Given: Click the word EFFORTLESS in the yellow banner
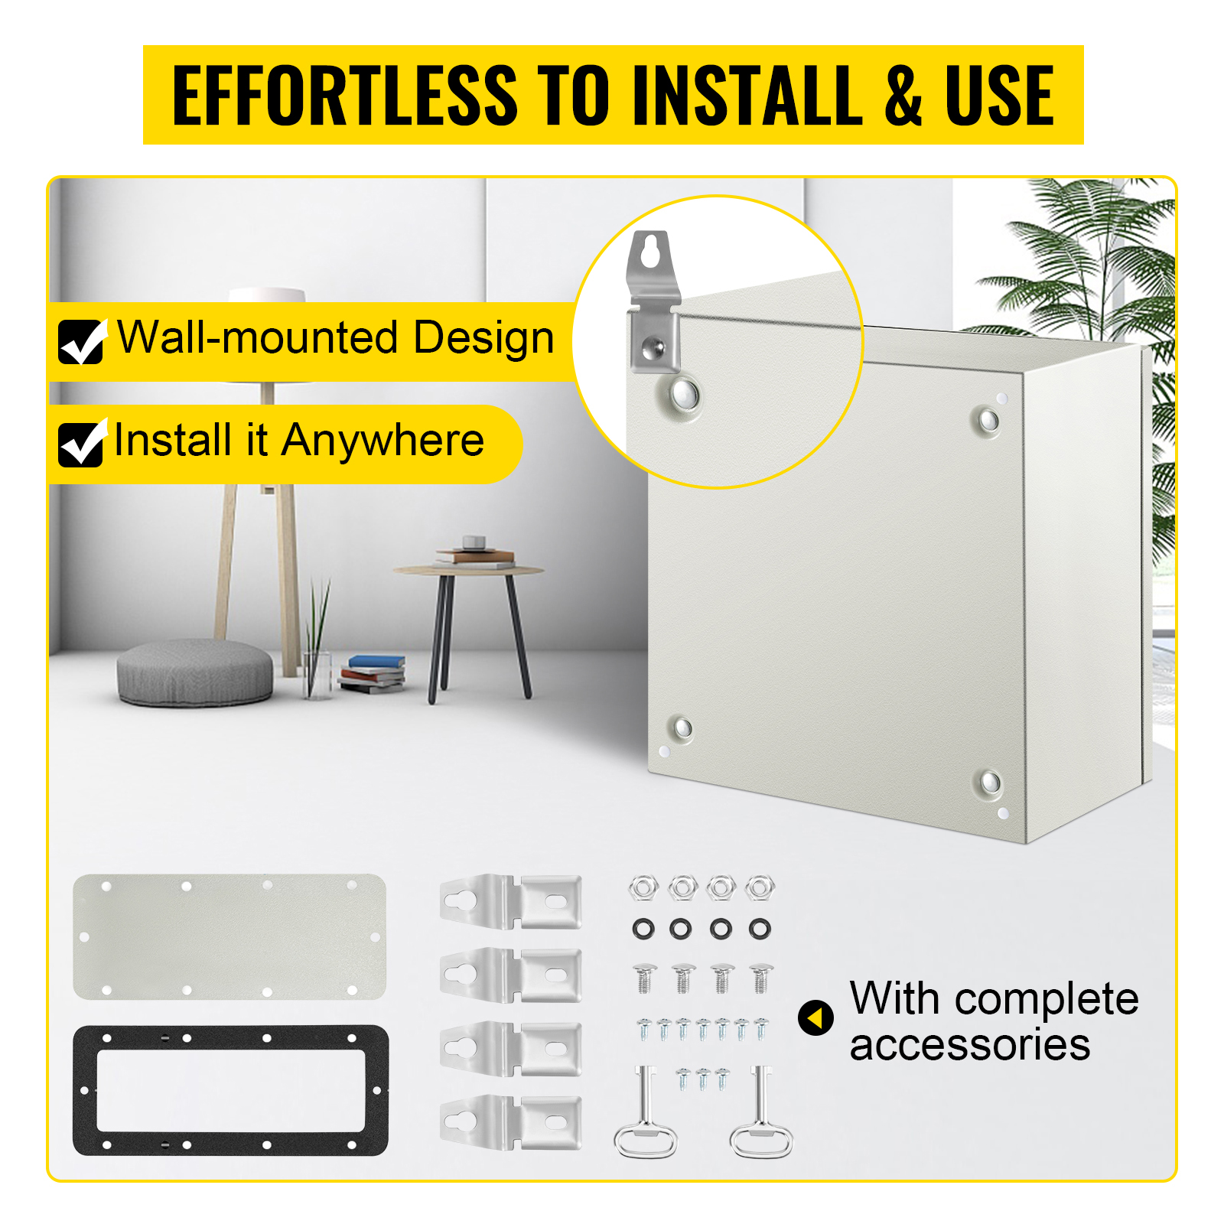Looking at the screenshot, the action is click(x=345, y=95).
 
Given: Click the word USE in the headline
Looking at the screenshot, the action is click(x=1000, y=95).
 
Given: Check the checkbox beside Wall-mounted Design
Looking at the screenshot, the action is click(x=81, y=341).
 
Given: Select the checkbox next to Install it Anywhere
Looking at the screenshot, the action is click(x=81, y=444).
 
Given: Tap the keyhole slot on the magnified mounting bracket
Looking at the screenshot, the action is click(x=650, y=252).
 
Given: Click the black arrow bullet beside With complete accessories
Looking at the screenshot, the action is click(x=815, y=1018).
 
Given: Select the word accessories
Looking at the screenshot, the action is click(x=970, y=1045).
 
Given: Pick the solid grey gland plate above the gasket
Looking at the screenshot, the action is click(x=229, y=936).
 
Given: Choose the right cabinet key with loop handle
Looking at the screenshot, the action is click(x=761, y=1113).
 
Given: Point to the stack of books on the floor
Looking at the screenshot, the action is click(x=373, y=673).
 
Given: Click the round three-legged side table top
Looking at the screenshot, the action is click(x=468, y=570).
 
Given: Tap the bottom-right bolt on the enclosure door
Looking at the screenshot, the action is click(x=990, y=782).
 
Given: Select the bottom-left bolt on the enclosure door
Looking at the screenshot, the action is click(x=681, y=727).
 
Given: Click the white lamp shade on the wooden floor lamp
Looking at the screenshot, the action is click(x=267, y=295).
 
